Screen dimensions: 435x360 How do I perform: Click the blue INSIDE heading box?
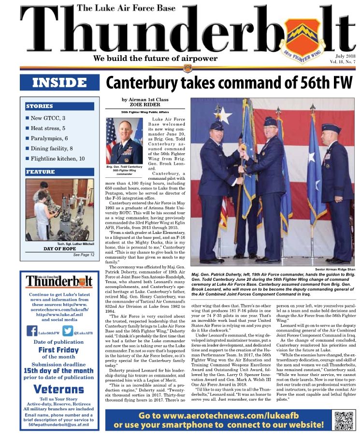(59, 82)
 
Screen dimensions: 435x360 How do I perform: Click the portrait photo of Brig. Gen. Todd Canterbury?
(124, 140)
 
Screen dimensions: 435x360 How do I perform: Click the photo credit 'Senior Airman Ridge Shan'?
(334, 268)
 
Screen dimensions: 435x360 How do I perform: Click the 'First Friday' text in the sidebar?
(58, 349)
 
